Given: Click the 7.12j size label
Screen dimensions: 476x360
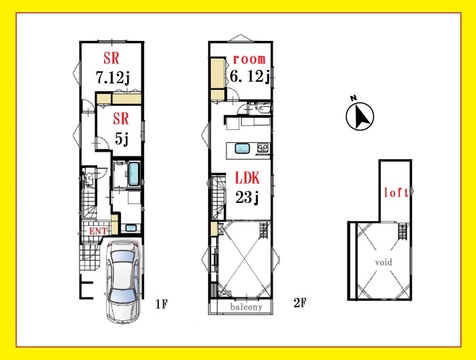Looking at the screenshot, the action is pyautogui.click(x=113, y=78).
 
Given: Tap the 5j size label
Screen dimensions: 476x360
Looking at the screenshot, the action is pyautogui.click(x=122, y=139).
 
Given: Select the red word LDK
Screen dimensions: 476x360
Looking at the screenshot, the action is pyautogui.click(x=247, y=178).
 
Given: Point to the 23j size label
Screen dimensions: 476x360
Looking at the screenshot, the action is pyautogui.click(x=247, y=198).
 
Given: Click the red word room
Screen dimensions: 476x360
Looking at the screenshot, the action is pyautogui.click(x=249, y=59).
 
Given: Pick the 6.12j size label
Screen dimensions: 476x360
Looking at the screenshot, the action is pyautogui.click(x=250, y=76).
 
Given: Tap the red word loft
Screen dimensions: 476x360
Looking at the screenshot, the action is pyautogui.click(x=396, y=192).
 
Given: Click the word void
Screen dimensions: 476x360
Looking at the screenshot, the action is pyautogui.click(x=384, y=262).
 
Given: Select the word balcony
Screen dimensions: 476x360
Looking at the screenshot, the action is pyautogui.click(x=246, y=307).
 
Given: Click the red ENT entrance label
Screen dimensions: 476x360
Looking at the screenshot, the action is pyautogui.click(x=98, y=231).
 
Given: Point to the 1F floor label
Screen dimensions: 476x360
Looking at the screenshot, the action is pyautogui.click(x=161, y=304).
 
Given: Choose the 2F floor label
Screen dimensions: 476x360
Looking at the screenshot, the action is pyautogui.click(x=300, y=303).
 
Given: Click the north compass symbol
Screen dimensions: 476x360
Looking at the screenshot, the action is pyautogui.click(x=360, y=116).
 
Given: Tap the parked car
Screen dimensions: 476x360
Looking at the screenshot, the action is pyautogui.click(x=123, y=281).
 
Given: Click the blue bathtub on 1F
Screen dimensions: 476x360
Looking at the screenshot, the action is pyautogui.click(x=133, y=174).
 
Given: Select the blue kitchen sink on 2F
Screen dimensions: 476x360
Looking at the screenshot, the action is pyautogui.click(x=242, y=148).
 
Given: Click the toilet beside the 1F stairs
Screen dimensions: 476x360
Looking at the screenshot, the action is pyautogui.click(x=88, y=178).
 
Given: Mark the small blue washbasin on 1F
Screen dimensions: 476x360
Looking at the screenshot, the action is pyautogui.click(x=131, y=228).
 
